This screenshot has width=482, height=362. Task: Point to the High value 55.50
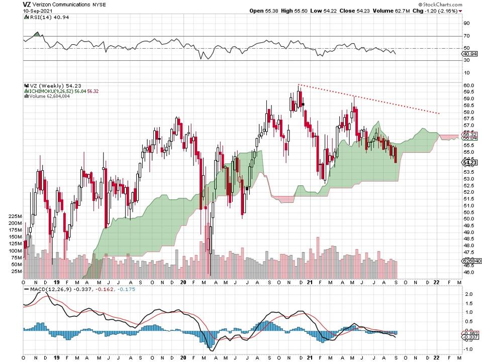click(x=304, y=10)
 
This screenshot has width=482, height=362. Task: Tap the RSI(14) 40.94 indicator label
click(x=45, y=17)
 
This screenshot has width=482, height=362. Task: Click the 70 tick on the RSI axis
click(x=466, y=36)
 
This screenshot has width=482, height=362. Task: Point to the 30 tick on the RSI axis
click(x=466, y=60)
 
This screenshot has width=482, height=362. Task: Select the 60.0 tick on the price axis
click(x=468, y=85)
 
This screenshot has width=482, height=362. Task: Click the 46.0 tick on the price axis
click(x=468, y=273)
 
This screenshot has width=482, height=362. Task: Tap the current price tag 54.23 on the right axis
click(x=469, y=162)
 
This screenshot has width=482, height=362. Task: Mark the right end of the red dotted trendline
click(x=440, y=113)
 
